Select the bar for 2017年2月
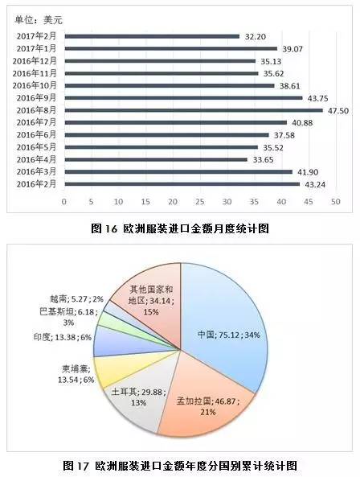[x=152, y=36]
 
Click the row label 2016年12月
[x=36, y=61]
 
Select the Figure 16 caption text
[x=179, y=228]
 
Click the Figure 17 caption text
[x=180, y=466]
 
